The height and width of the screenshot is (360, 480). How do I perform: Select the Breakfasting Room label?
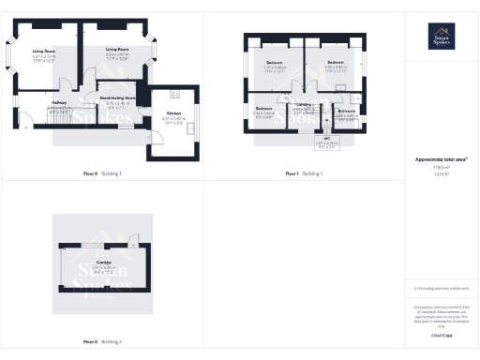pos(122,97)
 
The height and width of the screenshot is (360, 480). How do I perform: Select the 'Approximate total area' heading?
pos(441,159)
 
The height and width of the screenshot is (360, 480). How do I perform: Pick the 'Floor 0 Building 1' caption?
pos(101,173)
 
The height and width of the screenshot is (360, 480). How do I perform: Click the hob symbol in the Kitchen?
pos(175,94)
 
